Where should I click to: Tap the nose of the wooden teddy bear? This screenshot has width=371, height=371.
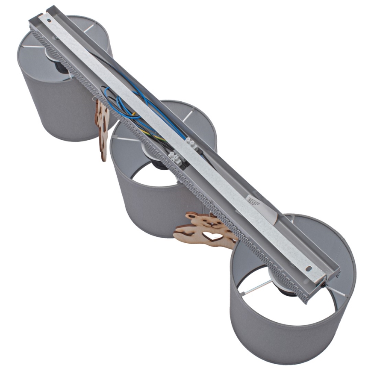(211, 223)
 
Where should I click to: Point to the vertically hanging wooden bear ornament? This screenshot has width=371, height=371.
(102, 128)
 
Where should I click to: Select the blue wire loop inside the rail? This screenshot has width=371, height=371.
(124, 103)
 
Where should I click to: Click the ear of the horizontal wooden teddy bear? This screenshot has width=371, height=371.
(191, 216)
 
